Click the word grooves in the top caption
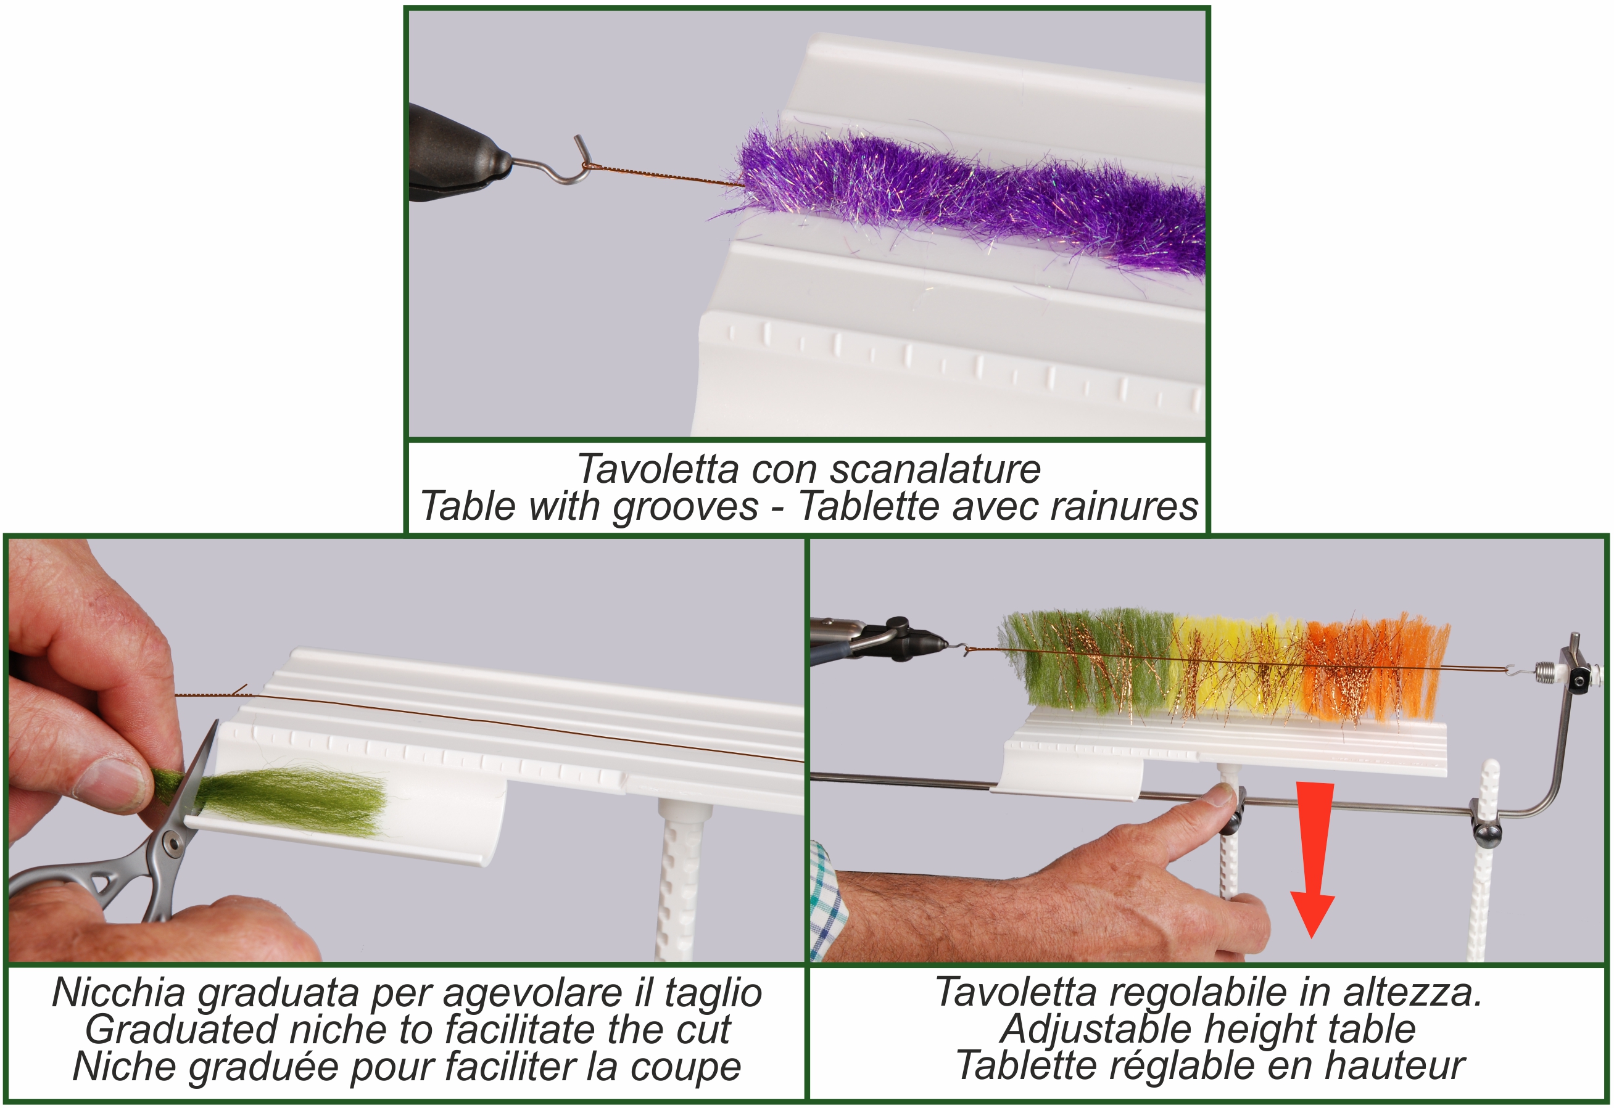[685, 506]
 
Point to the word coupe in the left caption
[685, 1067]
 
